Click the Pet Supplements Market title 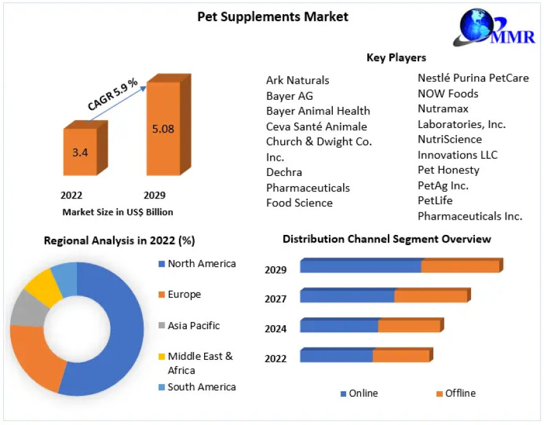tap(273, 17)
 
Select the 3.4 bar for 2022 tap(80, 152)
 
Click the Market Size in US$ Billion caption tap(118, 212)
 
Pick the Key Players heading tap(396, 58)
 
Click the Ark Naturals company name tap(298, 80)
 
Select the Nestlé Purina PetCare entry tap(473, 78)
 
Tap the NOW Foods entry tap(448, 93)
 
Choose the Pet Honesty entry tap(448, 170)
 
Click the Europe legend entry tap(184, 294)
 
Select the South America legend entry tap(202, 387)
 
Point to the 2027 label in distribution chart tap(276, 299)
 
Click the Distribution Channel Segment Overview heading tap(387, 239)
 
